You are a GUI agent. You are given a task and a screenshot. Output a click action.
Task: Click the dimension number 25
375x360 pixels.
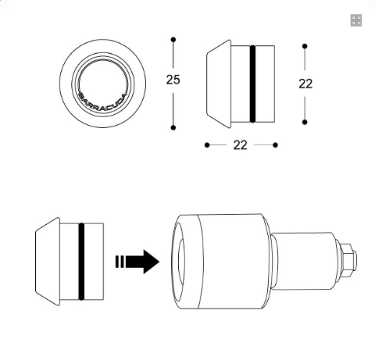point(173,79)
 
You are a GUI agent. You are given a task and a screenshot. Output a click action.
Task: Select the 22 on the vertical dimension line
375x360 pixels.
point(305,84)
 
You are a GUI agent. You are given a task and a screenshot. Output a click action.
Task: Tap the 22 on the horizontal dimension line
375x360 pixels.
point(240,144)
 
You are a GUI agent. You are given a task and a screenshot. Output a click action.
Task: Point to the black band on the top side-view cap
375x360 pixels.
point(252,84)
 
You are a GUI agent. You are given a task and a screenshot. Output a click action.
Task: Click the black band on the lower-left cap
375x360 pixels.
point(81,261)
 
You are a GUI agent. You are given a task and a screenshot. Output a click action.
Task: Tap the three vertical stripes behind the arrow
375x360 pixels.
point(120,261)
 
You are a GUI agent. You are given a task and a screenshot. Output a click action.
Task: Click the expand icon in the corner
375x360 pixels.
point(356,20)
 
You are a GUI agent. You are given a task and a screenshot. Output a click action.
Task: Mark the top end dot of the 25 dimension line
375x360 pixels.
point(173,39)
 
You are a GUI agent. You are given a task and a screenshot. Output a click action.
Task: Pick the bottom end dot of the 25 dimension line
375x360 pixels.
point(173,127)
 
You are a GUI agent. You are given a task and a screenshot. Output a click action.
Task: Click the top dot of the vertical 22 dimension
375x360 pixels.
point(305,46)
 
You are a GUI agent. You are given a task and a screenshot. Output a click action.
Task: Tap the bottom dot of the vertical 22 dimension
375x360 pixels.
point(305,122)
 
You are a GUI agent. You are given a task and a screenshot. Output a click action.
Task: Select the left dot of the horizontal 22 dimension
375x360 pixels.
point(206,144)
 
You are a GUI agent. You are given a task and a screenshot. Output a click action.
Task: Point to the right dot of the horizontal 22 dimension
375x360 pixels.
point(276,144)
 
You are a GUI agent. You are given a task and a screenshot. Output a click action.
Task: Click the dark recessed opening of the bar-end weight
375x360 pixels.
point(178,260)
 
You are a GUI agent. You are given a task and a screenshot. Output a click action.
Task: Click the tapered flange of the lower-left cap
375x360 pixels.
point(47,261)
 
